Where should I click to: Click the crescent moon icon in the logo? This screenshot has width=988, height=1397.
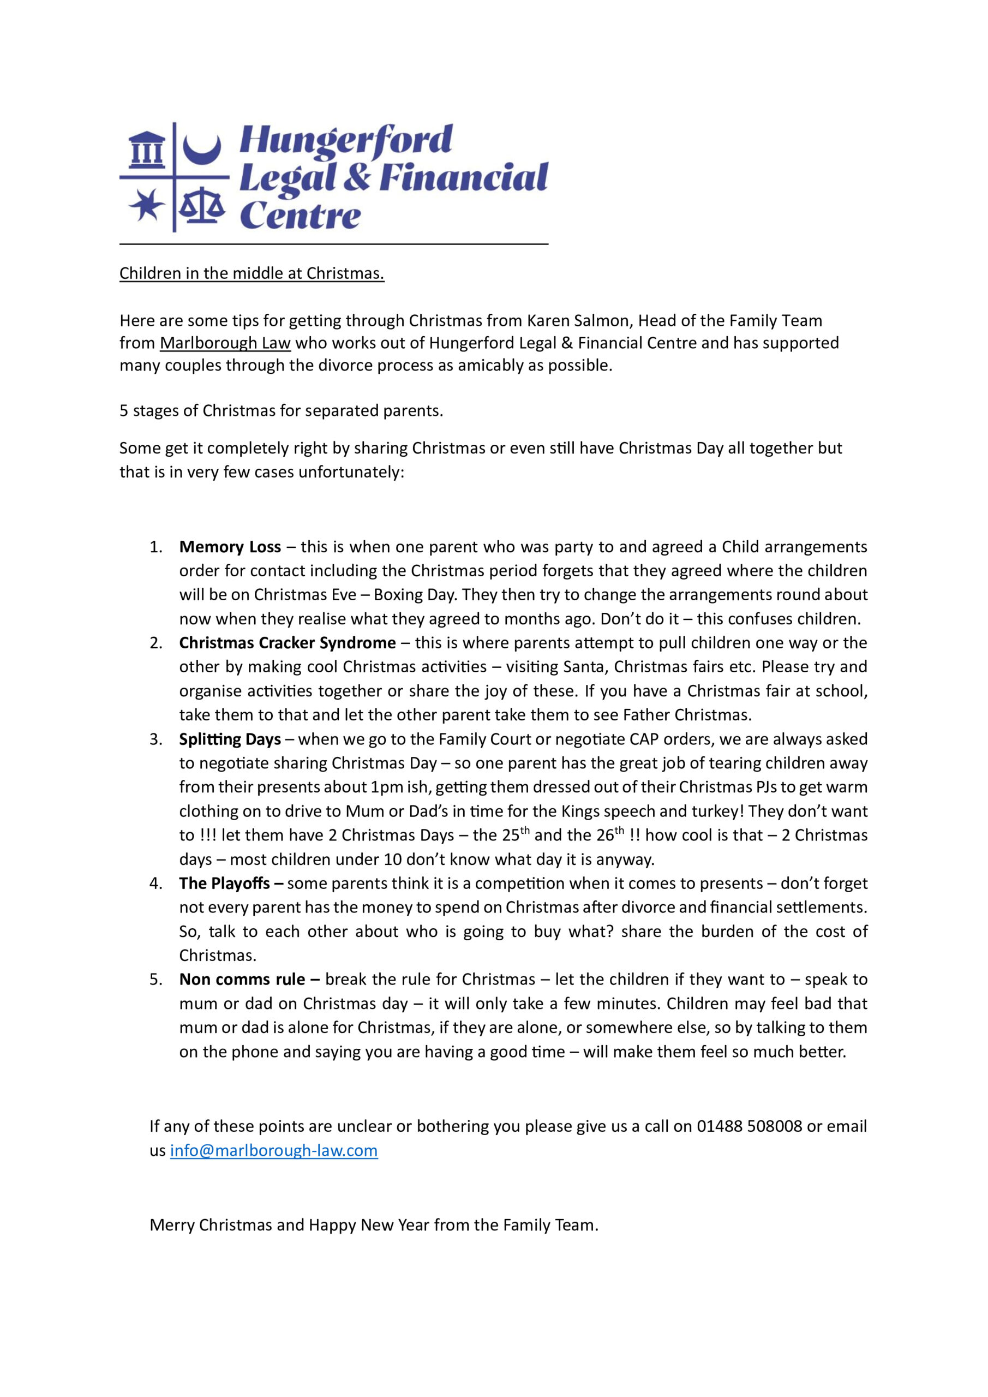pos(202,150)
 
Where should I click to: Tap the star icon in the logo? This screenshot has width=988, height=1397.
pos(146,205)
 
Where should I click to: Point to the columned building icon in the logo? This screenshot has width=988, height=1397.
pos(147,150)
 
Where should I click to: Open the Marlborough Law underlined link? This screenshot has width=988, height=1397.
pos(225,343)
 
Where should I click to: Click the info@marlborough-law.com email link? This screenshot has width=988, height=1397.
pos(274,1150)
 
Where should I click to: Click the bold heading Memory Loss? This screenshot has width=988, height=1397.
pos(230,547)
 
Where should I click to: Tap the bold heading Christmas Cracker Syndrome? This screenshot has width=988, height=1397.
pos(287,643)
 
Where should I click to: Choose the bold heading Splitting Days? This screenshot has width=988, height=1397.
pos(230,739)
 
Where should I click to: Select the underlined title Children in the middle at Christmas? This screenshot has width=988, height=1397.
pos(252,274)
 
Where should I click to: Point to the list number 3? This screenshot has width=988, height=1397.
pos(155,739)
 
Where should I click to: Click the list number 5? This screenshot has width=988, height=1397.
pos(155,980)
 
